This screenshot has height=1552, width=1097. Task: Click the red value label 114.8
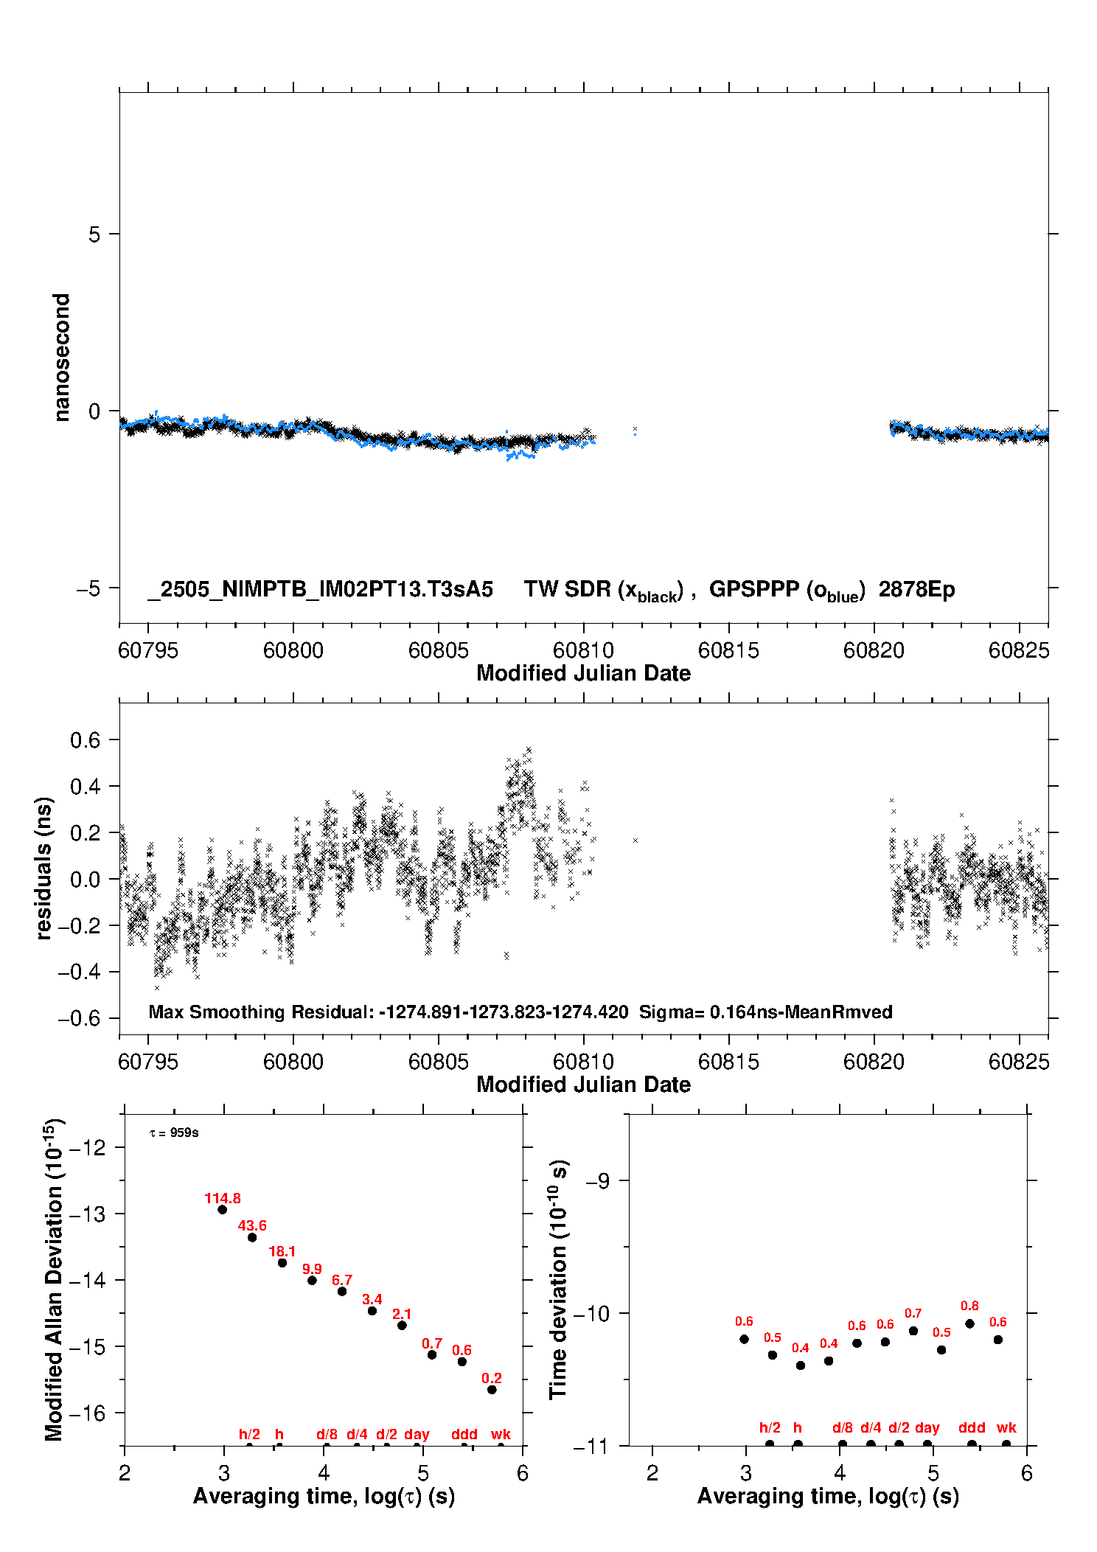point(223,1198)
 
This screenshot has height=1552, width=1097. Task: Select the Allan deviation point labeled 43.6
point(252,1237)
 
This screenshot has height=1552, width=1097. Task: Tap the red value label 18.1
point(282,1251)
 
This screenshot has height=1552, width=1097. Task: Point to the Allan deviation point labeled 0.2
point(492,1390)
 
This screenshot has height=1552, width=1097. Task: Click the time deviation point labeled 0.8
point(970,1323)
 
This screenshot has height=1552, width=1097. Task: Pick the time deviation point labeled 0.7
point(913,1331)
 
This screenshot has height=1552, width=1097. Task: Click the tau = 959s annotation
point(174,1132)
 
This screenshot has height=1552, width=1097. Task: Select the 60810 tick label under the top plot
point(583,650)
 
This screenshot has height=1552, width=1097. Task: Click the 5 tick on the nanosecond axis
point(94,234)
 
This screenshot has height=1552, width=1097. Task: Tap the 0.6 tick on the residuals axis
point(85,740)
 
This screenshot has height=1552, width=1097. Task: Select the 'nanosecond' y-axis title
point(61,358)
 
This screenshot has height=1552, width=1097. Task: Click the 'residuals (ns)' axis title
point(43,869)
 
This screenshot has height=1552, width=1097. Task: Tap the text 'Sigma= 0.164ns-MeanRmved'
point(766,1012)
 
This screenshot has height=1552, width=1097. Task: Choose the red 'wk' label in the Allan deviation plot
point(501,1434)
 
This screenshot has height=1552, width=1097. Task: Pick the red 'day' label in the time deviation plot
point(927,1427)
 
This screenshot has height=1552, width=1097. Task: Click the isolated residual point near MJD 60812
point(635,840)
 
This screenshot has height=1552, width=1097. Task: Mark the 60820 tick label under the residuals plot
point(874,1062)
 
